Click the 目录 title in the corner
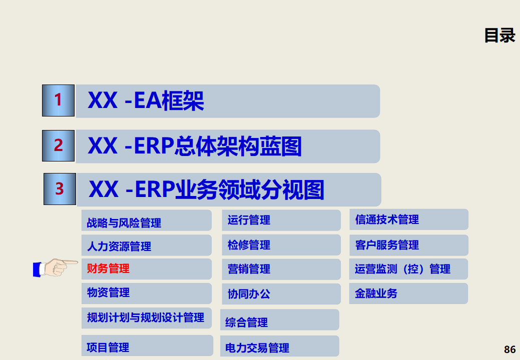499,35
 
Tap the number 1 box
58,100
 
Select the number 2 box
59,145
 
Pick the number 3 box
60,189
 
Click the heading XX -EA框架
146,101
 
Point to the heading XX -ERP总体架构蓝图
195,146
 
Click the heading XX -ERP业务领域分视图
206,190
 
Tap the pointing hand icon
55,268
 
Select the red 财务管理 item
108,269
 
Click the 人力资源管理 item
119,246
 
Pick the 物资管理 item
108,292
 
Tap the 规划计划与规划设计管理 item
146,317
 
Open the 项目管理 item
108,347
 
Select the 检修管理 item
249,245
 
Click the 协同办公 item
249,294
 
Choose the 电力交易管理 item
257,348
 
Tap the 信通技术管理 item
387,219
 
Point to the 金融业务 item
376,293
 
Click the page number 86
509,349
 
